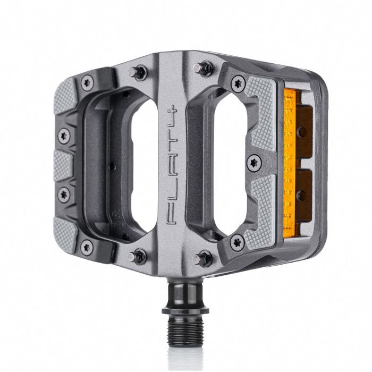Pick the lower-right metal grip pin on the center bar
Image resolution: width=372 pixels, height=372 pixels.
[x=200, y=259]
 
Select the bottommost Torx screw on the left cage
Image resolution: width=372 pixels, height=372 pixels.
[x=85, y=246]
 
